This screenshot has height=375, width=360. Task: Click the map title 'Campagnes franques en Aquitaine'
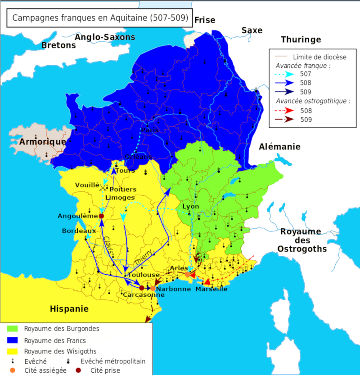(x=100, y=18)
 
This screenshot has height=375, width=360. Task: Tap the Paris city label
(x=150, y=130)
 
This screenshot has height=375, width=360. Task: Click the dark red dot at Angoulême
(x=101, y=216)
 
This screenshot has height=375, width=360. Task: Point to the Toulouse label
(x=143, y=275)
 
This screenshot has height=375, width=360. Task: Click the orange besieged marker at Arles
(x=187, y=274)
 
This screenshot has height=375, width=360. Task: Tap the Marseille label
(x=211, y=289)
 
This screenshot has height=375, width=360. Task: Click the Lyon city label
(x=190, y=206)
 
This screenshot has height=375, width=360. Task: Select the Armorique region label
(x=43, y=142)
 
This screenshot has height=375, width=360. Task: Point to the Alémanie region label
(x=279, y=147)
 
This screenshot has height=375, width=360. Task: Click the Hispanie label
(x=69, y=309)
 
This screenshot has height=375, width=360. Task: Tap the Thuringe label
(x=301, y=40)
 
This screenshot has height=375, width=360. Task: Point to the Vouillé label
(x=87, y=185)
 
